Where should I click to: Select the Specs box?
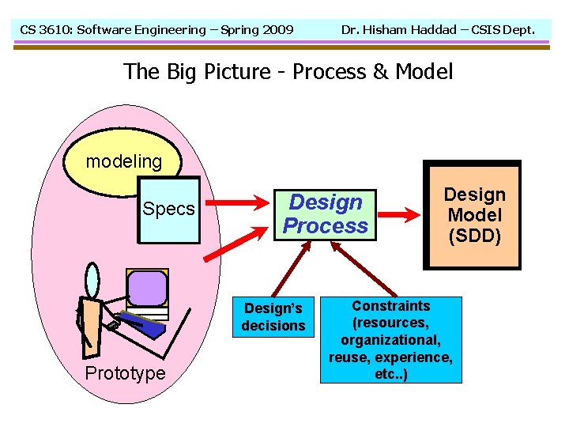pos(168,210)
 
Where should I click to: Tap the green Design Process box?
pos(325,214)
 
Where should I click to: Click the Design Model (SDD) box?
pos(473,215)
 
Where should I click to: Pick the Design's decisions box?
pos(273,316)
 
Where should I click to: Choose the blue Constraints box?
pos(390,339)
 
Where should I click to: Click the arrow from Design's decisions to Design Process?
pos(289,270)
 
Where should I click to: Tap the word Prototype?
pos(126,373)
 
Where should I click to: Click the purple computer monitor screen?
pos(147,289)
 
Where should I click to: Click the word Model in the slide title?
pos(424,72)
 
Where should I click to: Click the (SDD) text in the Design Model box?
pos(474,236)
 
